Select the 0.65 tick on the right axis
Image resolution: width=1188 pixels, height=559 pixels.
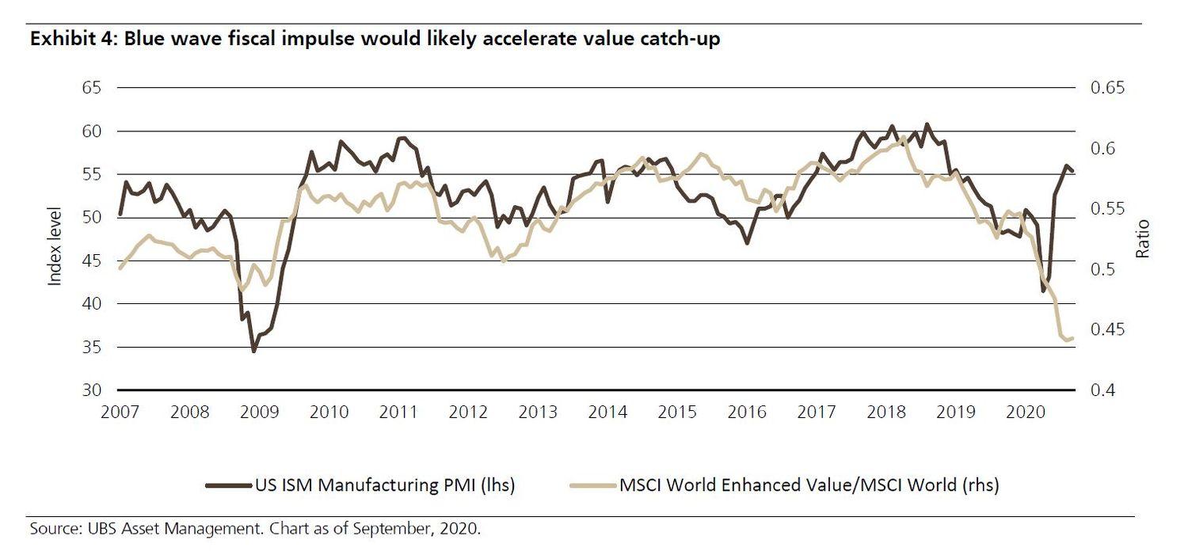(x=1108, y=88)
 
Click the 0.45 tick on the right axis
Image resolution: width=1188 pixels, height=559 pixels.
(x=1108, y=329)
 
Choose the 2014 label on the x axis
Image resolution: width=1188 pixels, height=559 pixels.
(x=608, y=413)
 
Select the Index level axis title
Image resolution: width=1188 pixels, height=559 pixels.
(x=55, y=239)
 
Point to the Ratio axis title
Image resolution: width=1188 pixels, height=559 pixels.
(x=1142, y=239)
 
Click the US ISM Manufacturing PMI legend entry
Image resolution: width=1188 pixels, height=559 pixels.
(x=360, y=485)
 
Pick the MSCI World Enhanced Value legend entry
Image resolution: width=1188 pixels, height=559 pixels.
(x=784, y=485)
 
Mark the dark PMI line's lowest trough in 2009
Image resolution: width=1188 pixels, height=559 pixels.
(x=253, y=351)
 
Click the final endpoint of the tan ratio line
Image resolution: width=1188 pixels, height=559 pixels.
(x=1072, y=338)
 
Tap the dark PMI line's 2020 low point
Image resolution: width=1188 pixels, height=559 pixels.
(x=1044, y=291)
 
